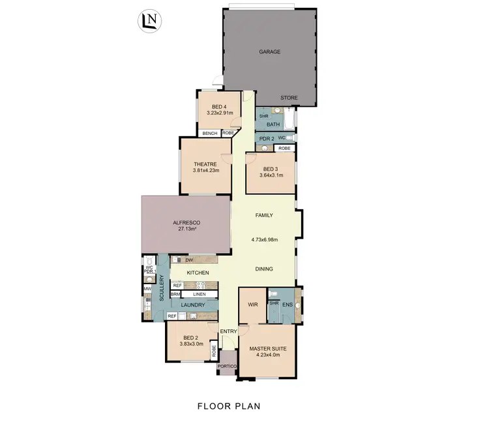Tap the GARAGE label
(269, 51)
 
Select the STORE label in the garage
(289, 98)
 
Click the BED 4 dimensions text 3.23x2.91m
(218, 113)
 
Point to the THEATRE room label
(205, 164)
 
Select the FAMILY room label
(264, 215)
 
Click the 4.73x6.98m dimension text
(264, 239)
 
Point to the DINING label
(264, 269)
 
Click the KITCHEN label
(198, 272)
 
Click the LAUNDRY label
(193, 305)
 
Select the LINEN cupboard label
(200, 295)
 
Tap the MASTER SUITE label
(268, 349)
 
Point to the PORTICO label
(228, 366)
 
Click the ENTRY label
(228, 331)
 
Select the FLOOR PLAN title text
(228, 406)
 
